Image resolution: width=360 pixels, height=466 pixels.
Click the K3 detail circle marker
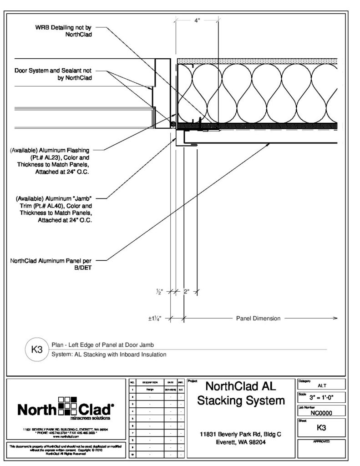click(x=36, y=350)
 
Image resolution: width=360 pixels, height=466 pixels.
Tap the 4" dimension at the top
click(x=197, y=20)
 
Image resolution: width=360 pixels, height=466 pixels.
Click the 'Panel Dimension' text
click(x=258, y=319)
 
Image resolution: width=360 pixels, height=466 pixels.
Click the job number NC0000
click(x=321, y=413)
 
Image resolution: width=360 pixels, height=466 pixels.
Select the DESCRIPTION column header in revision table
click(x=150, y=383)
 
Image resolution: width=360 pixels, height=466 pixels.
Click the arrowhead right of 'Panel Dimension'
click(x=335, y=319)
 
